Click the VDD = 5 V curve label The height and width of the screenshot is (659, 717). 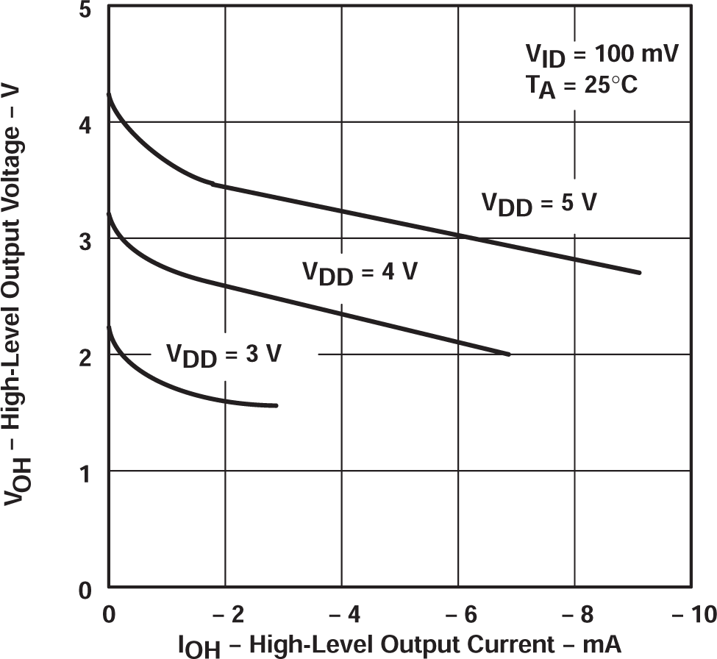coord(538,204)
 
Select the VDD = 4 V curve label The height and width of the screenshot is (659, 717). coord(360,272)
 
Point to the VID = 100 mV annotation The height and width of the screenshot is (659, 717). coord(602,56)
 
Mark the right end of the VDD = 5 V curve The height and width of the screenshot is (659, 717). coord(640,272)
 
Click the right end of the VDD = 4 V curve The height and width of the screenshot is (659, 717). coord(508,354)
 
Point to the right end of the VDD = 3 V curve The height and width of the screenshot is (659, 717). coord(276,405)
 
